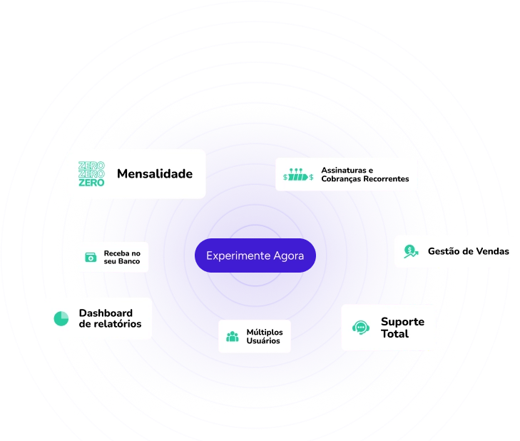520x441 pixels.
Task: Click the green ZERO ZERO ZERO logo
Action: [91, 174]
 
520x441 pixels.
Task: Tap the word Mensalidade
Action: [155, 173]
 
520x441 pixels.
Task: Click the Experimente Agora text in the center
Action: [255, 255]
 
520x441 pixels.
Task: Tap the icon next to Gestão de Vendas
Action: [410, 251]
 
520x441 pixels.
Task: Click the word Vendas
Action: [494, 251]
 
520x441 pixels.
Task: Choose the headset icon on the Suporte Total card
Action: [361, 328]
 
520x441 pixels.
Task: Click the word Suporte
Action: [402, 321]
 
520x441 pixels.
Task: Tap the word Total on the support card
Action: [394, 334]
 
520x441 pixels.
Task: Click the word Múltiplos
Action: [264, 332]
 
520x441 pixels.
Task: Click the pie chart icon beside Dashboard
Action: [61, 318]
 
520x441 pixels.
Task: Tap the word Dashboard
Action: [106, 313]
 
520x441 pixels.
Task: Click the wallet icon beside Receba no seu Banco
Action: [91, 257]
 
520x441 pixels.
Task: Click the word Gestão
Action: [444, 251]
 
